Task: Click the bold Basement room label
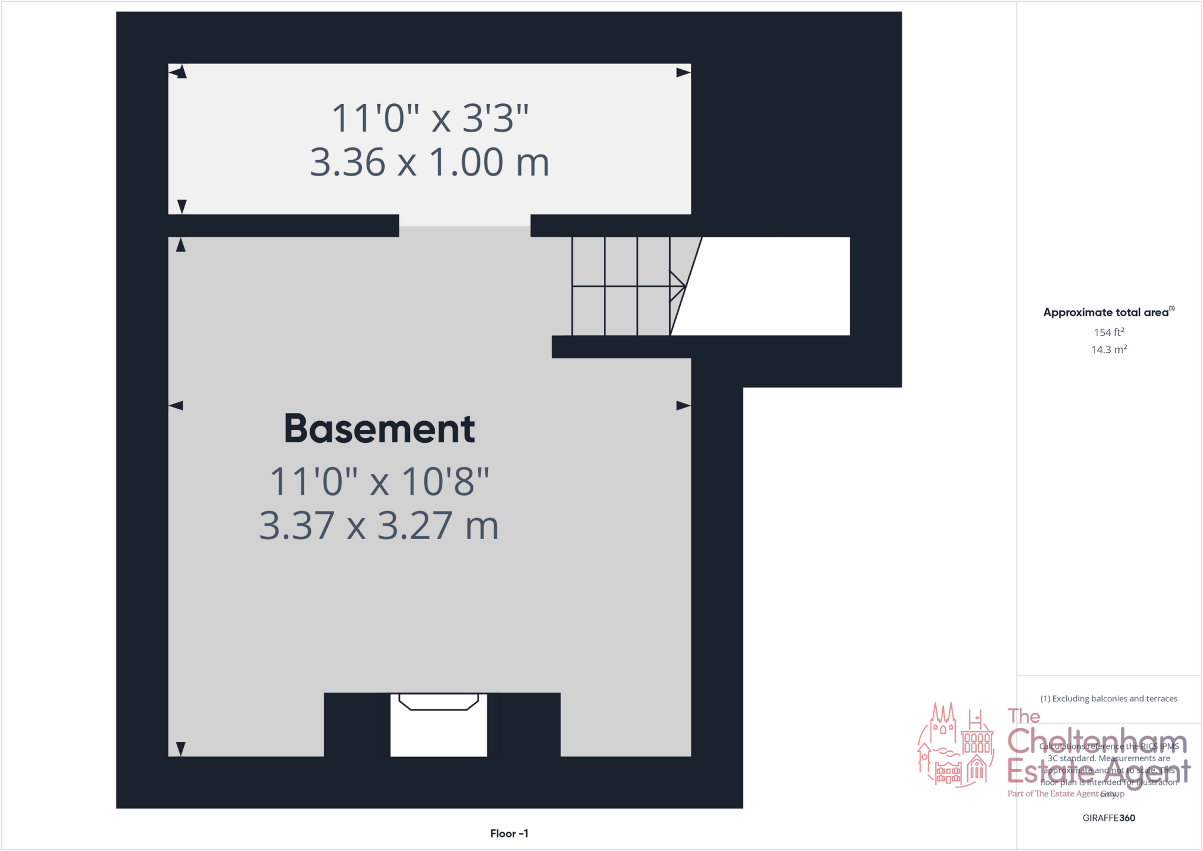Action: click(x=379, y=429)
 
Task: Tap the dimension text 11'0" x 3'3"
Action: click(x=430, y=118)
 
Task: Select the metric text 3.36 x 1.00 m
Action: click(x=429, y=162)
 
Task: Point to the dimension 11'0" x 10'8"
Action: click(x=379, y=482)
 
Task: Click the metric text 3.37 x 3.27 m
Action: click(x=379, y=526)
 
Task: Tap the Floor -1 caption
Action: click(x=509, y=833)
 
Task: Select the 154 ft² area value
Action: click(x=1108, y=332)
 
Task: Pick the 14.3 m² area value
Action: click(x=1108, y=349)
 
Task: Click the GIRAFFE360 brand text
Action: click(x=1108, y=818)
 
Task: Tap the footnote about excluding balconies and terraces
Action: click(x=1108, y=699)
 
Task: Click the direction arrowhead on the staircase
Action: click(x=678, y=286)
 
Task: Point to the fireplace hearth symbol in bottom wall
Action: click(x=439, y=702)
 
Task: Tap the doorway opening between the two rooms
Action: click(x=465, y=226)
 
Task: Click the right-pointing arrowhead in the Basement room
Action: click(x=683, y=406)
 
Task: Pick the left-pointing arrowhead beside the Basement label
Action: click(x=176, y=406)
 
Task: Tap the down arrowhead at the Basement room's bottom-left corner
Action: click(x=181, y=749)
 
